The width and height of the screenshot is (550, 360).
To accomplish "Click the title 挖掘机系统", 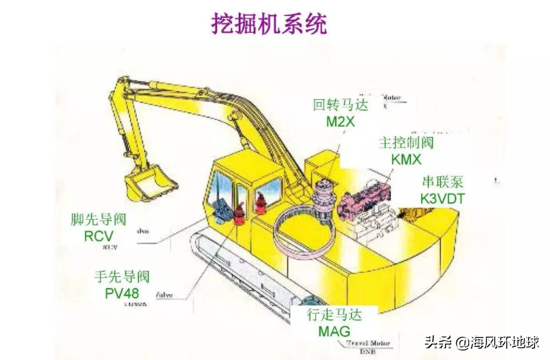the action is point(269,24).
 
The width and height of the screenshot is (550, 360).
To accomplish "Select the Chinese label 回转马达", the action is point(340,105).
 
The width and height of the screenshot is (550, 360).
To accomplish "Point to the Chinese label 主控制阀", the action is point(406,143).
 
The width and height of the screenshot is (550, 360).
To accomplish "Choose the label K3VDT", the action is point(442,198).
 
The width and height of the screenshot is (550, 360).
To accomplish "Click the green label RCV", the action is point(99,236).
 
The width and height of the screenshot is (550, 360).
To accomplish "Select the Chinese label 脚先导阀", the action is point(99,220).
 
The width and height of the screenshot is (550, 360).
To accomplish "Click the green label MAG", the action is point(334,331).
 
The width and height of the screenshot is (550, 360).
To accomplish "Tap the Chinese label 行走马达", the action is point(334,315).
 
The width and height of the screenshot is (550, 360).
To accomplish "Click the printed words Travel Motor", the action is point(368,343).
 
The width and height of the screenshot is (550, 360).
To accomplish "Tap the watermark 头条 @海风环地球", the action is point(481,343).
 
